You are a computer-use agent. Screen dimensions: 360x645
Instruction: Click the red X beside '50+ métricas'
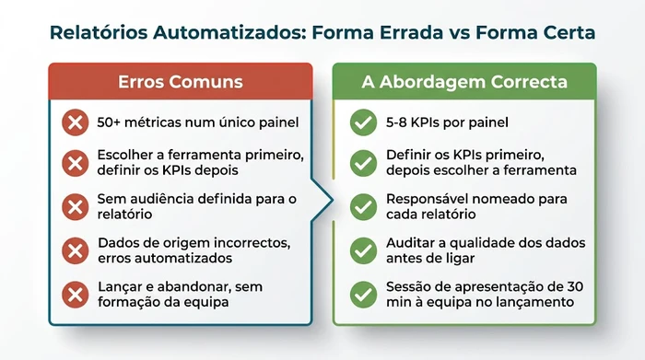tap(74, 122)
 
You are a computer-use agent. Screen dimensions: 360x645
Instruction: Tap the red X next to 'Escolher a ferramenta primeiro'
tap(74, 164)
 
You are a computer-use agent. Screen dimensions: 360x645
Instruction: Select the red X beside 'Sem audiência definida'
tap(74, 206)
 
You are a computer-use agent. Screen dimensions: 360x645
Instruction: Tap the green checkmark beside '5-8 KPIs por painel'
tap(363, 122)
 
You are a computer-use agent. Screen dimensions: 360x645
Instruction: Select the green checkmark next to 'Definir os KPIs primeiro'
tap(363, 164)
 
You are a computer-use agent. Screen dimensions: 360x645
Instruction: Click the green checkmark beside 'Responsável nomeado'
tap(363, 206)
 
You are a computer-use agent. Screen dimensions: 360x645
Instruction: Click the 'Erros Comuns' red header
tap(181, 82)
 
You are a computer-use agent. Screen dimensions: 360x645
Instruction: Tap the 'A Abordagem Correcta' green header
tap(464, 82)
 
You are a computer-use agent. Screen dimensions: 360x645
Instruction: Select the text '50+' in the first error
tap(110, 122)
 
